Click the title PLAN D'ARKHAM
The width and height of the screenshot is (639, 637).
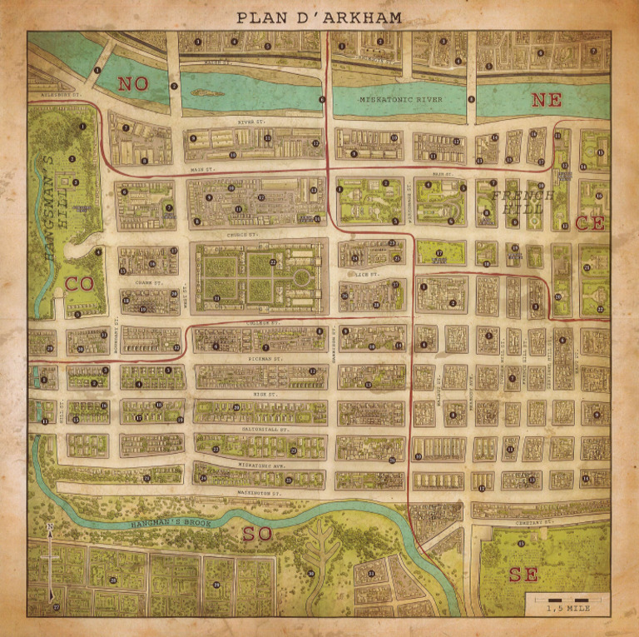[x=319, y=17]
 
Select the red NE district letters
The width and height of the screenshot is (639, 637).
[x=547, y=100]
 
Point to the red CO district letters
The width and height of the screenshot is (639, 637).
[x=79, y=284]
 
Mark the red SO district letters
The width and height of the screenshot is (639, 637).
[x=256, y=534]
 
